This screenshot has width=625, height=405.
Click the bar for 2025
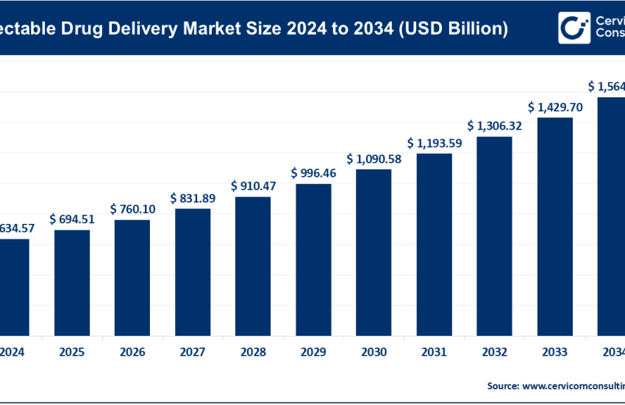tap(72, 282)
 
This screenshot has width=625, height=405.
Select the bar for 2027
tap(193, 271)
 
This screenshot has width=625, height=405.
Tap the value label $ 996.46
tap(313, 173)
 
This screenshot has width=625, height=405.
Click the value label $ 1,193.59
tap(434, 143)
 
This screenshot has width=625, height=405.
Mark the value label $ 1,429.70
tap(554, 107)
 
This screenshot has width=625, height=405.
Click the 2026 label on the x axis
tap(132, 353)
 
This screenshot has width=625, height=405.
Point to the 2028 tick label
tap(253, 353)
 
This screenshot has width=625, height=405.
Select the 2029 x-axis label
tap(313, 353)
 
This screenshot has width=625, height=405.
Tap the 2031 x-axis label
tap(434, 353)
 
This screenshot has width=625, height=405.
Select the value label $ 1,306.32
tap(494, 126)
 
